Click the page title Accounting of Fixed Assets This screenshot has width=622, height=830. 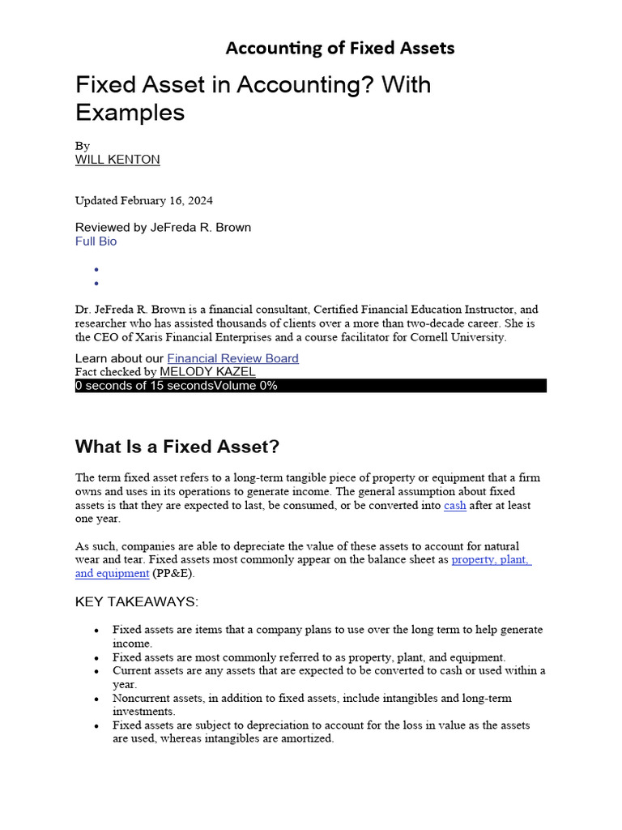[339, 48]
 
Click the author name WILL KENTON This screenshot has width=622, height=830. [117, 160]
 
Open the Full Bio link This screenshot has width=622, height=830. [96, 242]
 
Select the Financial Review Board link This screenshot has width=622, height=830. [232, 358]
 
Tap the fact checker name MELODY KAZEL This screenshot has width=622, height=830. [207, 372]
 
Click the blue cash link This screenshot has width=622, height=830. [454, 505]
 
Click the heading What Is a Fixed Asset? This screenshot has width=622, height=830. [177, 447]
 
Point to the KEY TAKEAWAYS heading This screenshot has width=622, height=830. [136, 601]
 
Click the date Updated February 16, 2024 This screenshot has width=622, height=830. [144, 200]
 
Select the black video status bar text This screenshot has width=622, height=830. [177, 386]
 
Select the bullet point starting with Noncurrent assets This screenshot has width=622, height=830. [312, 698]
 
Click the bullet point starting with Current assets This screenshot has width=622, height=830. [328, 670]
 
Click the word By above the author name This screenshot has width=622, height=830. [82, 146]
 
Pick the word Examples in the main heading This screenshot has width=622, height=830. [130, 113]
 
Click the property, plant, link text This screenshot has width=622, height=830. [491, 559]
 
